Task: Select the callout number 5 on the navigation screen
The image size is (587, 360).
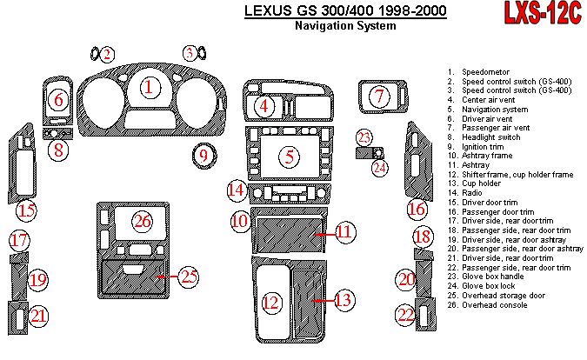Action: coord(289,157)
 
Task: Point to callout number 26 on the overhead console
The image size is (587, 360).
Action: coord(143,221)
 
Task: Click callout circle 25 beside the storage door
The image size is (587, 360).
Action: coord(189,278)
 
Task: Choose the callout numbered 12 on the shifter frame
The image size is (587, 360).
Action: coord(271,302)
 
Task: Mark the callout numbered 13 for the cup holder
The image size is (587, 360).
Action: coord(344,302)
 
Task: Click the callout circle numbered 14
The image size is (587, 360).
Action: coord(237,190)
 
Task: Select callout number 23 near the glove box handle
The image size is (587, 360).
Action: coord(365,137)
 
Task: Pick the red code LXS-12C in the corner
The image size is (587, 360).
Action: coord(544,15)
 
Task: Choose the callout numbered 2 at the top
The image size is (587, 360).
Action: coord(107,55)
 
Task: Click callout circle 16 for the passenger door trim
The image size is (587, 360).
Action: coord(417,209)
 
